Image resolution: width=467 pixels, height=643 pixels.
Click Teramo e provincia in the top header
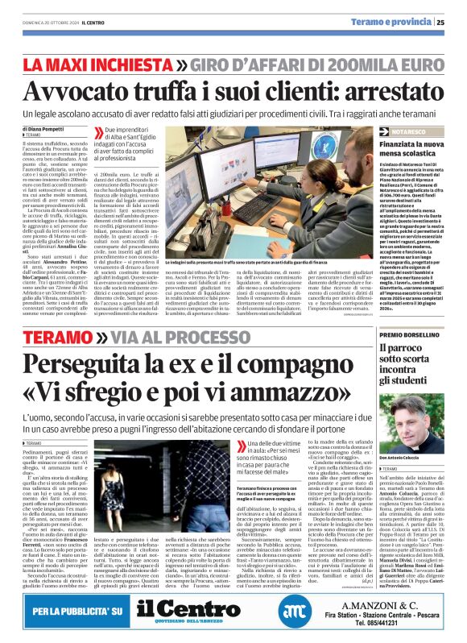pos(395,23)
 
